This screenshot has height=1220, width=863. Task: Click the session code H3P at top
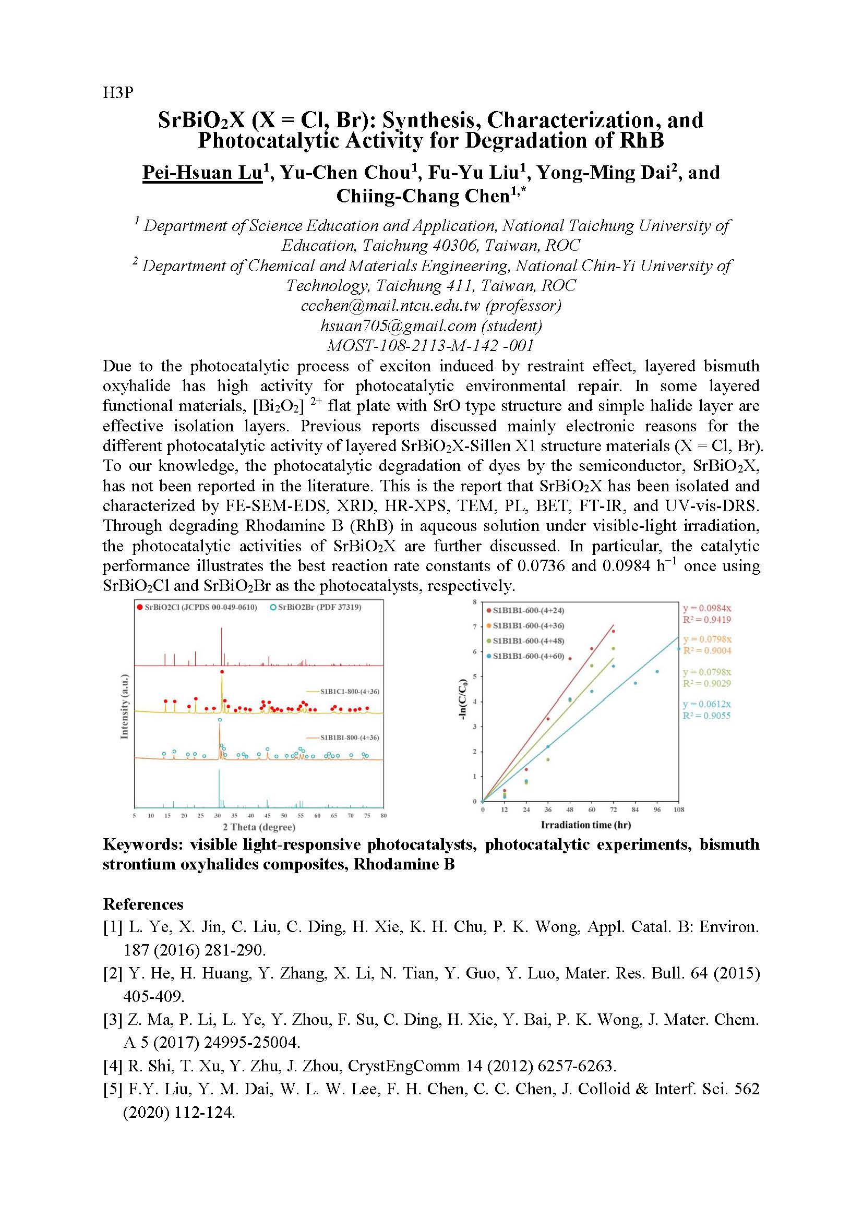point(118,93)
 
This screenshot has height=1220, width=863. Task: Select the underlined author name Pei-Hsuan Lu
point(202,173)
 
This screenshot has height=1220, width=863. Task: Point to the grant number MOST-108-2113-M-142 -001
point(430,345)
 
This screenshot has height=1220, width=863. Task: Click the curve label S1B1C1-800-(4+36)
point(349,691)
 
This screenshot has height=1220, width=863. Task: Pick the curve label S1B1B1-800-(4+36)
point(349,738)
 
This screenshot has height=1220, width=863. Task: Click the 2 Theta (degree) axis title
point(259,827)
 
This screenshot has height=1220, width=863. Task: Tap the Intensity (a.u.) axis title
point(124,706)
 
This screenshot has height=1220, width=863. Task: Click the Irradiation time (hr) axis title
point(585,825)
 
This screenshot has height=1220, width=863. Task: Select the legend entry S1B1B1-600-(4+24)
point(528,611)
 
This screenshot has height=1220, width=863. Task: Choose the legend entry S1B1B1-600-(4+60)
point(528,656)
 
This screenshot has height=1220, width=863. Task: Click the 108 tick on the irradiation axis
point(679,810)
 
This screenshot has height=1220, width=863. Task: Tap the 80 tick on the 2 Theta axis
point(383,815)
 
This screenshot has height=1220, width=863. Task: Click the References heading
point(143,904)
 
